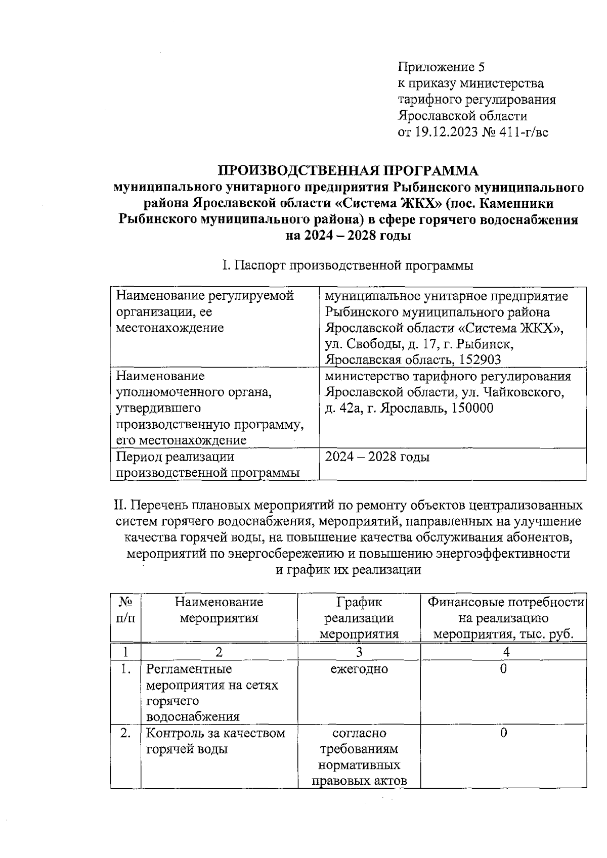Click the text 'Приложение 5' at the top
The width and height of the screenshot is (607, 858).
tap(442, 67)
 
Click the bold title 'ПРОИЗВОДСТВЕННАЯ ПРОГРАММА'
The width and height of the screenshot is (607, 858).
tap(348, 170)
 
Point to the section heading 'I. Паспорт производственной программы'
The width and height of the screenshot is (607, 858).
tap(348, 265)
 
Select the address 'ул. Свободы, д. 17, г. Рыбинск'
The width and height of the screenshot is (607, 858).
tap(419, 344)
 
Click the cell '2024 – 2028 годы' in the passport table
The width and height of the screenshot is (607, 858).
tap(377, 457)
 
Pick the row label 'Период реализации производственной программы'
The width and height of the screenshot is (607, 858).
tap(207, 465)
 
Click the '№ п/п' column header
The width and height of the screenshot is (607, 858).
tap(126, 610)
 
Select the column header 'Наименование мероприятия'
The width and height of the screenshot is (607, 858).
tap(219, 610)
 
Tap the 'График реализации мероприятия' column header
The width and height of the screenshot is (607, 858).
tap(359, 618)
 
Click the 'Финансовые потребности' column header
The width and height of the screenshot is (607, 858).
tap(506, 602)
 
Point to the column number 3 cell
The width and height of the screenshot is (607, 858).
tap(359, 652)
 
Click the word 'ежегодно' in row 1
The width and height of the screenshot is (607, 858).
tap(359, 669)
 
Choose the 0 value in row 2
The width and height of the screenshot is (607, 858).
tap(503, 733)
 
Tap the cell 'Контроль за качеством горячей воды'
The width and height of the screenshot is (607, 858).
tap(215, 741)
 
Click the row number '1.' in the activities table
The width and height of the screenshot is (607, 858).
tap(126, 669)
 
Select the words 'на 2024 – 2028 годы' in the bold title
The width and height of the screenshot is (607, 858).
tap(348, 236)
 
